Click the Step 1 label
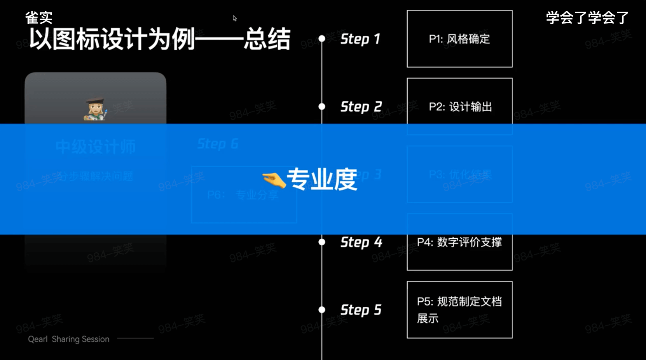pyautogui.click(x=360, y=39)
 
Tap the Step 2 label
pyautogui.click(x=361, y=107)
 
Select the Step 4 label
pyautogui.click(x=361, y=242)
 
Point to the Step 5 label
pyautogui.click(x=361, y=310)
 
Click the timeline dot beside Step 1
pyautogui.click(x=322, y=38)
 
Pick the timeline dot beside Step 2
pyautogui.click(x=322, y=107)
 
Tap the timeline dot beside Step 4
pyautogui.click(x=322, y=242)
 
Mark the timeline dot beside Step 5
pyautogui.click(x=322, y=310)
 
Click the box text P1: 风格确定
pyautogui.click(x=459, y=39)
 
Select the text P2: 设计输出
pyautogui.click(x=460, y=107)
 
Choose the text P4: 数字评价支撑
pyautogui.click(x=459, y=242)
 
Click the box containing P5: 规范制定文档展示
pyautogui.click(x=459, y=310)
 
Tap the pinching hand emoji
pyautogui.click(x=274, y=180)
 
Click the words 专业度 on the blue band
pyautogui.click(x=322, y=179)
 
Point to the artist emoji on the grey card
pyautogui.click(x=96, y=110)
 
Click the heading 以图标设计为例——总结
pyautogui.click(x=160, y=39)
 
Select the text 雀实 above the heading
pyautogui.click(x=39, y=17)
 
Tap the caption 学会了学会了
pyautogui.click(x=587, y=17)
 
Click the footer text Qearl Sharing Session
pyautogui.click(x=69, y=339)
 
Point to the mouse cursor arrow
pyautogui.click(x=234, y=18)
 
